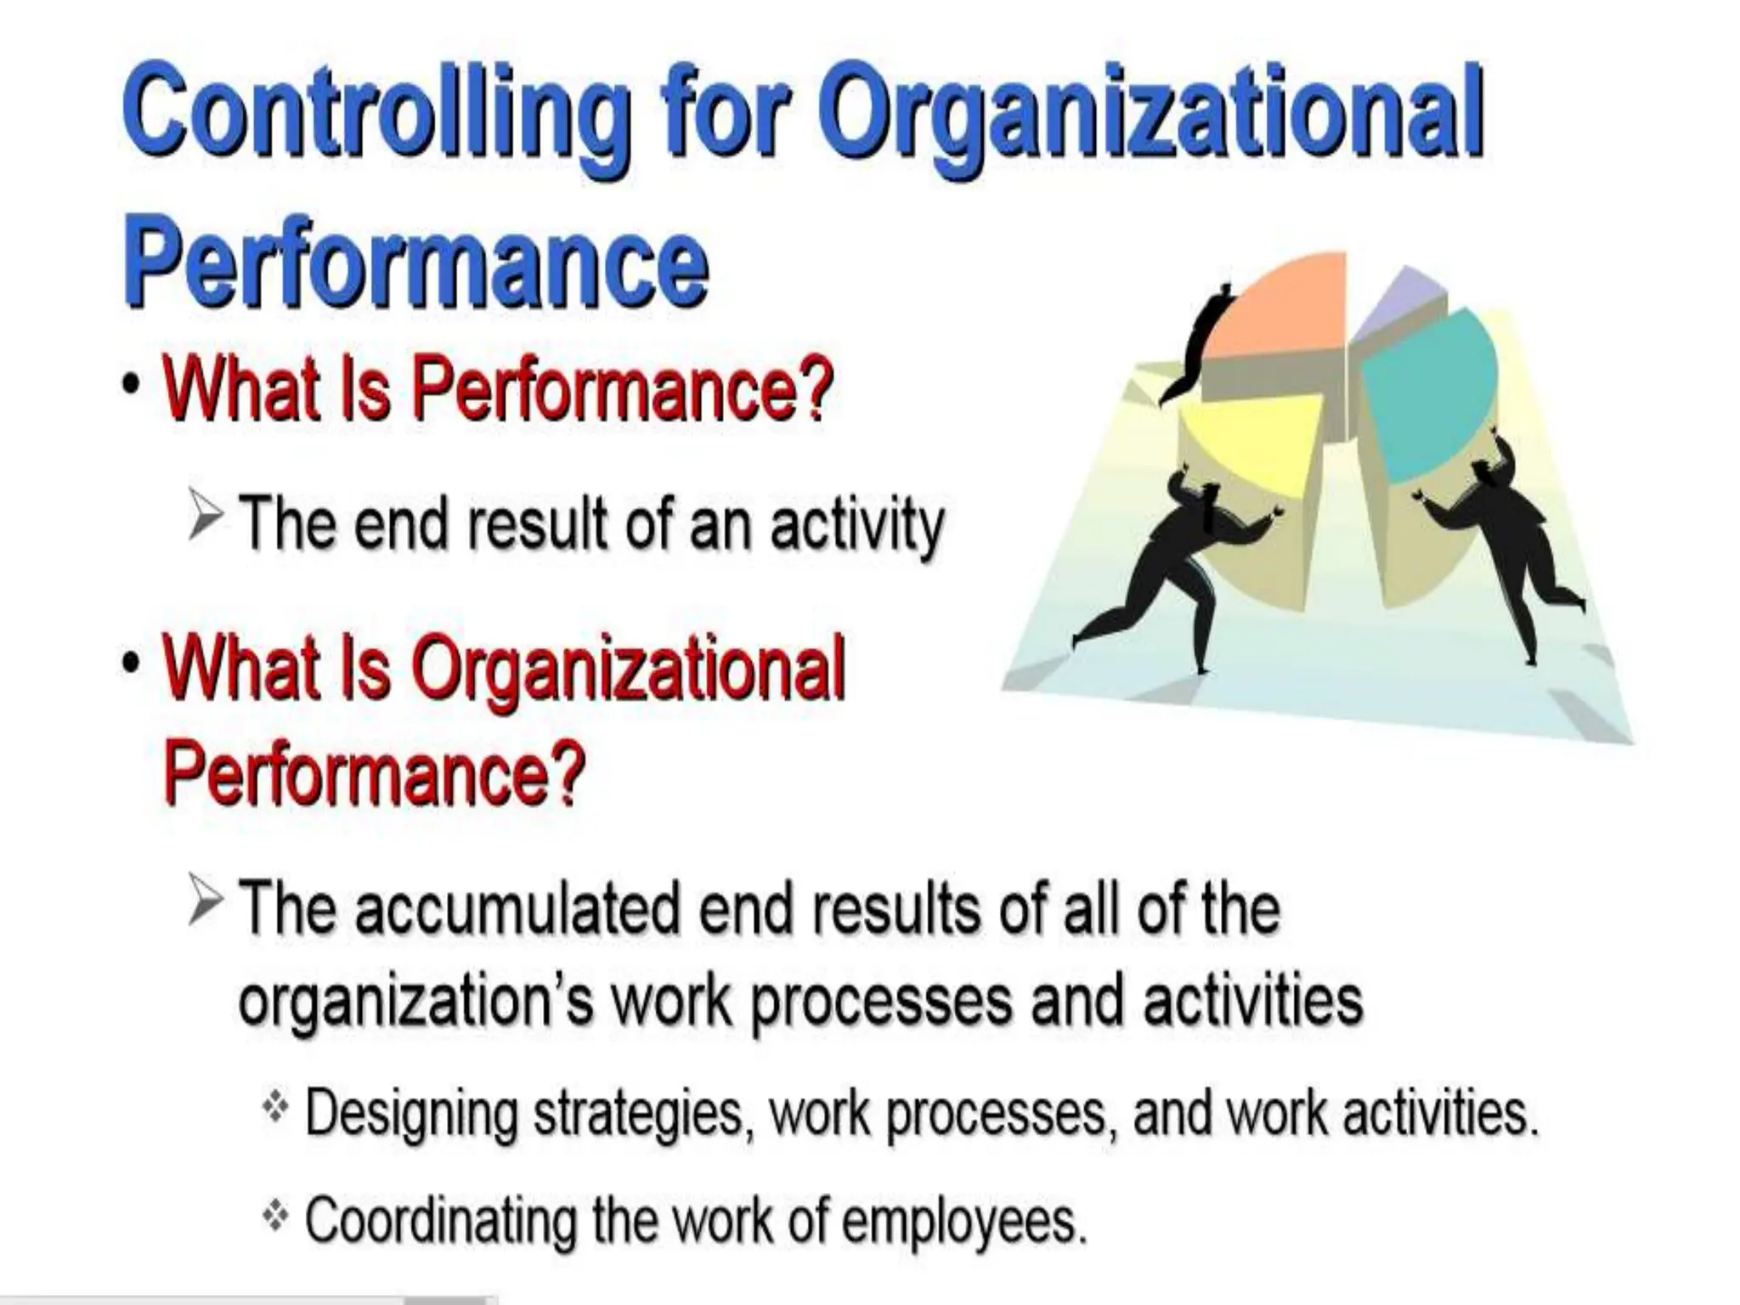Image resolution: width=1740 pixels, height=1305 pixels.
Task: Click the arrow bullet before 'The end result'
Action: tap(206, 518)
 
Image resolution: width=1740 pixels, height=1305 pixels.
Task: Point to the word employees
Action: tap(963, 1221)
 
